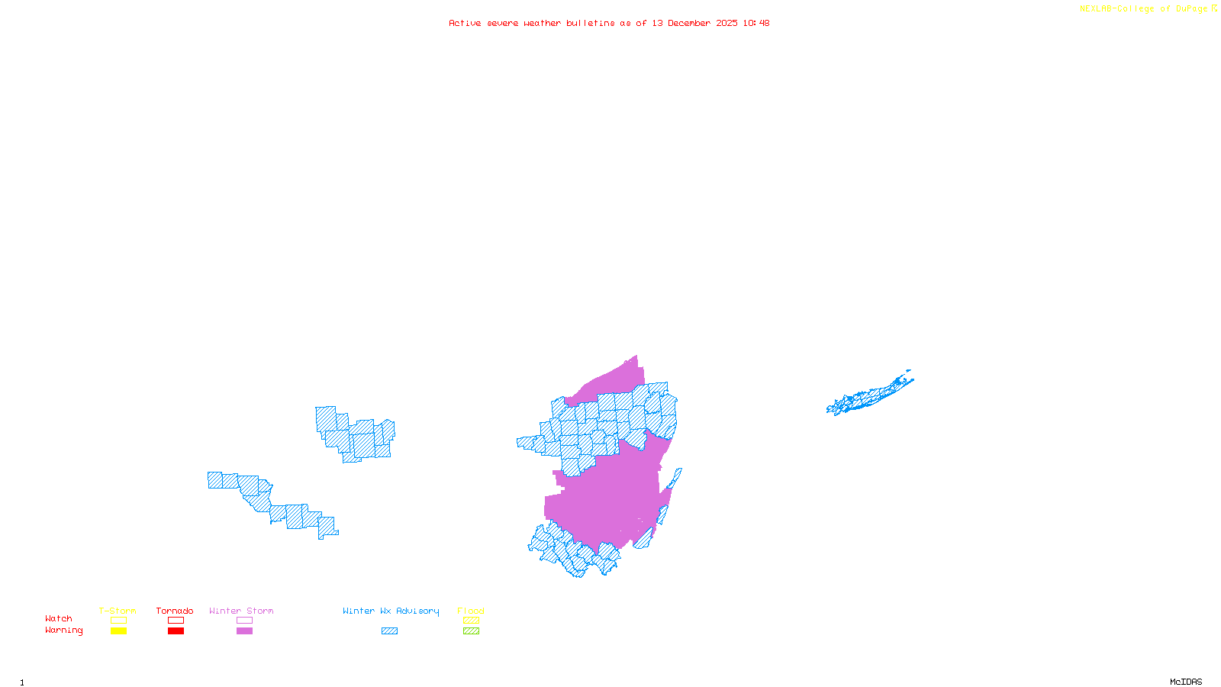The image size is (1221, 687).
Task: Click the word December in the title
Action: (x=689, y=23)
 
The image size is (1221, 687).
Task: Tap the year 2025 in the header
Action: (x=726, y=23)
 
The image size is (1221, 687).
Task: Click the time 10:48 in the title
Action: (x=756, y=23)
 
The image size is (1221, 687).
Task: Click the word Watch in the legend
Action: (x=59, y=618)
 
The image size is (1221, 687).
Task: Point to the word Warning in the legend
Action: (x=63, y=631)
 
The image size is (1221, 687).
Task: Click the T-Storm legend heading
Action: (x=118, y=611)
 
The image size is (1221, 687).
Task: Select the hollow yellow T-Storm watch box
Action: (x=118, y=621)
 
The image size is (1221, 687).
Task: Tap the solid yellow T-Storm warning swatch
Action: (x=118, y=631)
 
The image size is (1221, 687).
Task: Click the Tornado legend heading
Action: (x=175, y=611)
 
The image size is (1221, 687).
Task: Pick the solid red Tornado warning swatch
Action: (x=176, y=631)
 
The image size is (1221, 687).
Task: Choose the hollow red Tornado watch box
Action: (x=176, y=621)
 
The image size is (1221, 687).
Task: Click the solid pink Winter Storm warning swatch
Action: (x=244, y=631)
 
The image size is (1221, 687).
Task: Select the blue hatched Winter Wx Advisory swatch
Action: (x=389, y=631)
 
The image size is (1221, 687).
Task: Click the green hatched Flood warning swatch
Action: (x=471, y=631)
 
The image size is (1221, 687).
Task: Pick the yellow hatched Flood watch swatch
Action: (x=471, y=621)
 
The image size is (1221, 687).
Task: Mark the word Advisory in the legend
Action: (x=417, y=611)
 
